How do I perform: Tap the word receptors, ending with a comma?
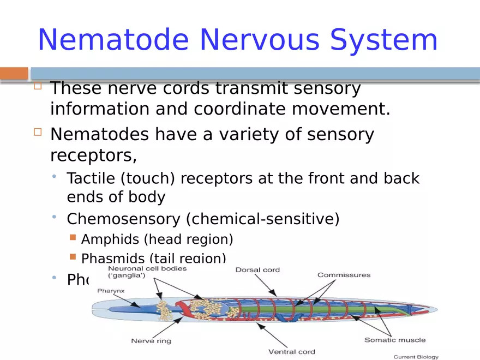coord(93,155)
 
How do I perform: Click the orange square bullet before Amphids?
coord(73,238)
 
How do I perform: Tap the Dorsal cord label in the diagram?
coord(257,270)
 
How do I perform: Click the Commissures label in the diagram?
coord(344,275)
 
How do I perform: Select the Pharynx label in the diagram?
coord(111,291)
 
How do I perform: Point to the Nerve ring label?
coord(151,341)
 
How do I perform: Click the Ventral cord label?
coord(291,352)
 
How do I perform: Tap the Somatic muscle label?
coord(395,340)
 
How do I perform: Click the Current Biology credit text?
coord(416,357)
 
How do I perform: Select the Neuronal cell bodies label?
coord(147,268)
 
